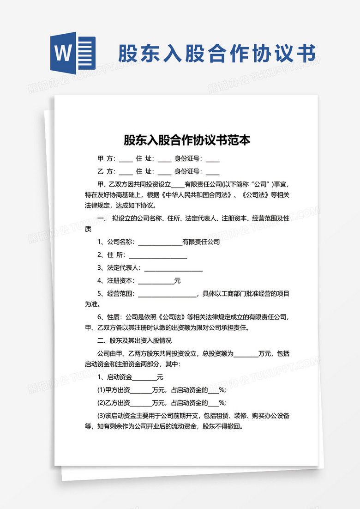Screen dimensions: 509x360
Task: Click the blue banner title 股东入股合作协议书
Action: [x=217, y=54]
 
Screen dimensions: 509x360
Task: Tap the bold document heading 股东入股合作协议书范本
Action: [x=187, y=140]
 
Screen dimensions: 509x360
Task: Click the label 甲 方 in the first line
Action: [x=107, y=159]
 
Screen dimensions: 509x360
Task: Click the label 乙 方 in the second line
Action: [x=107, y=171]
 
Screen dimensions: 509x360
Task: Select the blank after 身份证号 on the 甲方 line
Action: [x=212, y=159]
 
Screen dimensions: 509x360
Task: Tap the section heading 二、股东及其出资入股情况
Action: [x=134, y=341]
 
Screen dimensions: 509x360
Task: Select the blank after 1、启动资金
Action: [x=144, y=377]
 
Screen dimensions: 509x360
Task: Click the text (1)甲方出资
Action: [x=114, y=389]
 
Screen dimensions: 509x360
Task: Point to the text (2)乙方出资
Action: [x=114, y=402]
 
